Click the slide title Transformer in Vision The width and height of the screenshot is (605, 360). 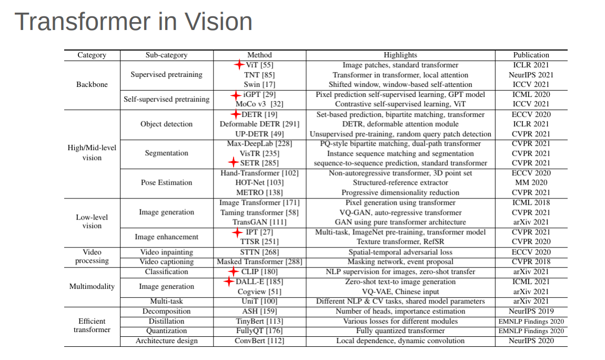point(133,22)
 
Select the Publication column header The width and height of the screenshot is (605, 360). point(531,55)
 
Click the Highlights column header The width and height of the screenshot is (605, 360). point(400,55)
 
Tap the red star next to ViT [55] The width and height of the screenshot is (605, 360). point(240,65)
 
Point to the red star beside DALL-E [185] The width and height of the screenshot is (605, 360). point(228,282)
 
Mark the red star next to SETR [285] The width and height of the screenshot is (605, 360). point(233,163)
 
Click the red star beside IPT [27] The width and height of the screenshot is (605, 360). point(237,232)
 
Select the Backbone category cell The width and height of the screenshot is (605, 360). point(92,84)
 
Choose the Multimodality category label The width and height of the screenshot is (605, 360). point(92,287)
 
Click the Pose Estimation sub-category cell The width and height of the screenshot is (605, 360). point(166,183)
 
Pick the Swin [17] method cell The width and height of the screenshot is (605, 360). point(259,84)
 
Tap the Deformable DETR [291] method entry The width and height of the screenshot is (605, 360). point(259,124)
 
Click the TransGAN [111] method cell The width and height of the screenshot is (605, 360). point(259,222)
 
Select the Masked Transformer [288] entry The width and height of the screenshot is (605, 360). point(259,262)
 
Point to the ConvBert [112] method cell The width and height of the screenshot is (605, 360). point(259,341)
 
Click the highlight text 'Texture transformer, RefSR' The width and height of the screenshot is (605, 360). point(400,242)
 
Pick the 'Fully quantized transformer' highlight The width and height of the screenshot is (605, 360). point(400,331)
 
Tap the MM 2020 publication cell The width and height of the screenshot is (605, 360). point(531,183)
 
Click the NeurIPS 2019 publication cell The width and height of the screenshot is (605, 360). point(531,311)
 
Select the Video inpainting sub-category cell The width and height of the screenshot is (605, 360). point(166,252)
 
